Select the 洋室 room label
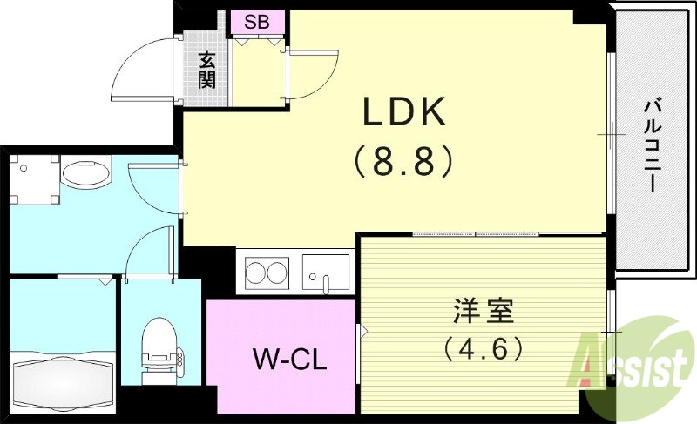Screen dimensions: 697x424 483,311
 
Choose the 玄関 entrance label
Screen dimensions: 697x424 206,71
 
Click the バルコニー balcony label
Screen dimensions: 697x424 652,145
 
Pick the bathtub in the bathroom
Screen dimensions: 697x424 63,377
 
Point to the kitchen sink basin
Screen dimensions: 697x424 326,271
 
